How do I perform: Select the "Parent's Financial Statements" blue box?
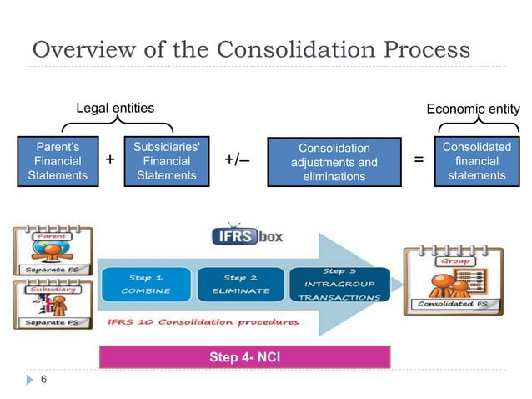[x=58, y=160]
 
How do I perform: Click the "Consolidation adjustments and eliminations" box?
[x=334, y=162]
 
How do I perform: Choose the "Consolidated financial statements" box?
[x=474, y=160]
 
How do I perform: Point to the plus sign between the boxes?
[x=110, y=160]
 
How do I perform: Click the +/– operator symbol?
[x=238, y=160]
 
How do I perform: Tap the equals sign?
[x=419, y=160]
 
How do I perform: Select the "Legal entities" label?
[x=115, y=109]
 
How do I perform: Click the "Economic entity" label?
[x=473, y=109]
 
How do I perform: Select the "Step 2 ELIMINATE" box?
[x=240, y=283]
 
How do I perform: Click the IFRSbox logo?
[x=247, y=236]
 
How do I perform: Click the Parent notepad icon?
[x=49, y=247]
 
